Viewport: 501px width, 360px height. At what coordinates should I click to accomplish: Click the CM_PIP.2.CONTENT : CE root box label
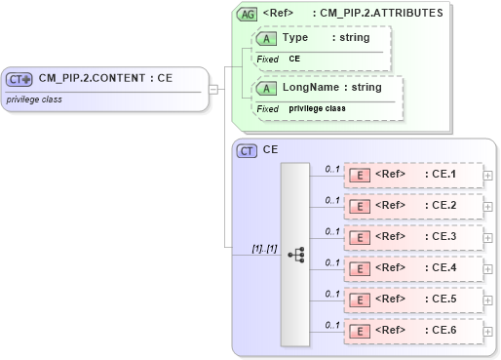point(105,79)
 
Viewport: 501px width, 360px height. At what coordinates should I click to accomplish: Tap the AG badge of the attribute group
point(248,14)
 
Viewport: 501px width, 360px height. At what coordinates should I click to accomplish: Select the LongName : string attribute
point(331,88)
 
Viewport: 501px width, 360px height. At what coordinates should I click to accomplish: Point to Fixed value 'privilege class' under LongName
point(317,108)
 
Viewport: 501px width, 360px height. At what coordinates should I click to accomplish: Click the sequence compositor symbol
point(295,254)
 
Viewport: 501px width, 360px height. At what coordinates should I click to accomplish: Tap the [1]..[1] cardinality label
point(264,248)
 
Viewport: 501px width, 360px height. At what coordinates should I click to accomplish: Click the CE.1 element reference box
point(413,176)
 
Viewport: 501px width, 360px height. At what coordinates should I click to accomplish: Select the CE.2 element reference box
point(413,207)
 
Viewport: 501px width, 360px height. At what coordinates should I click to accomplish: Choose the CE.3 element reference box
point(413,237)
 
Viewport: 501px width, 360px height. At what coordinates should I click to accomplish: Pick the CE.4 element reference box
point(413,268)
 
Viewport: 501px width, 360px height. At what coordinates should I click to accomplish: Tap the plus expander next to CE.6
point(488,331)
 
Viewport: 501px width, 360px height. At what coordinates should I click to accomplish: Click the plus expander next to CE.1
point(488,176)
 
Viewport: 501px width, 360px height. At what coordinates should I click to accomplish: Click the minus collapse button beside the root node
point(212,89)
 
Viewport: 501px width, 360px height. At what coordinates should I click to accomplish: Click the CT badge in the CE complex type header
point(248,150)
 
